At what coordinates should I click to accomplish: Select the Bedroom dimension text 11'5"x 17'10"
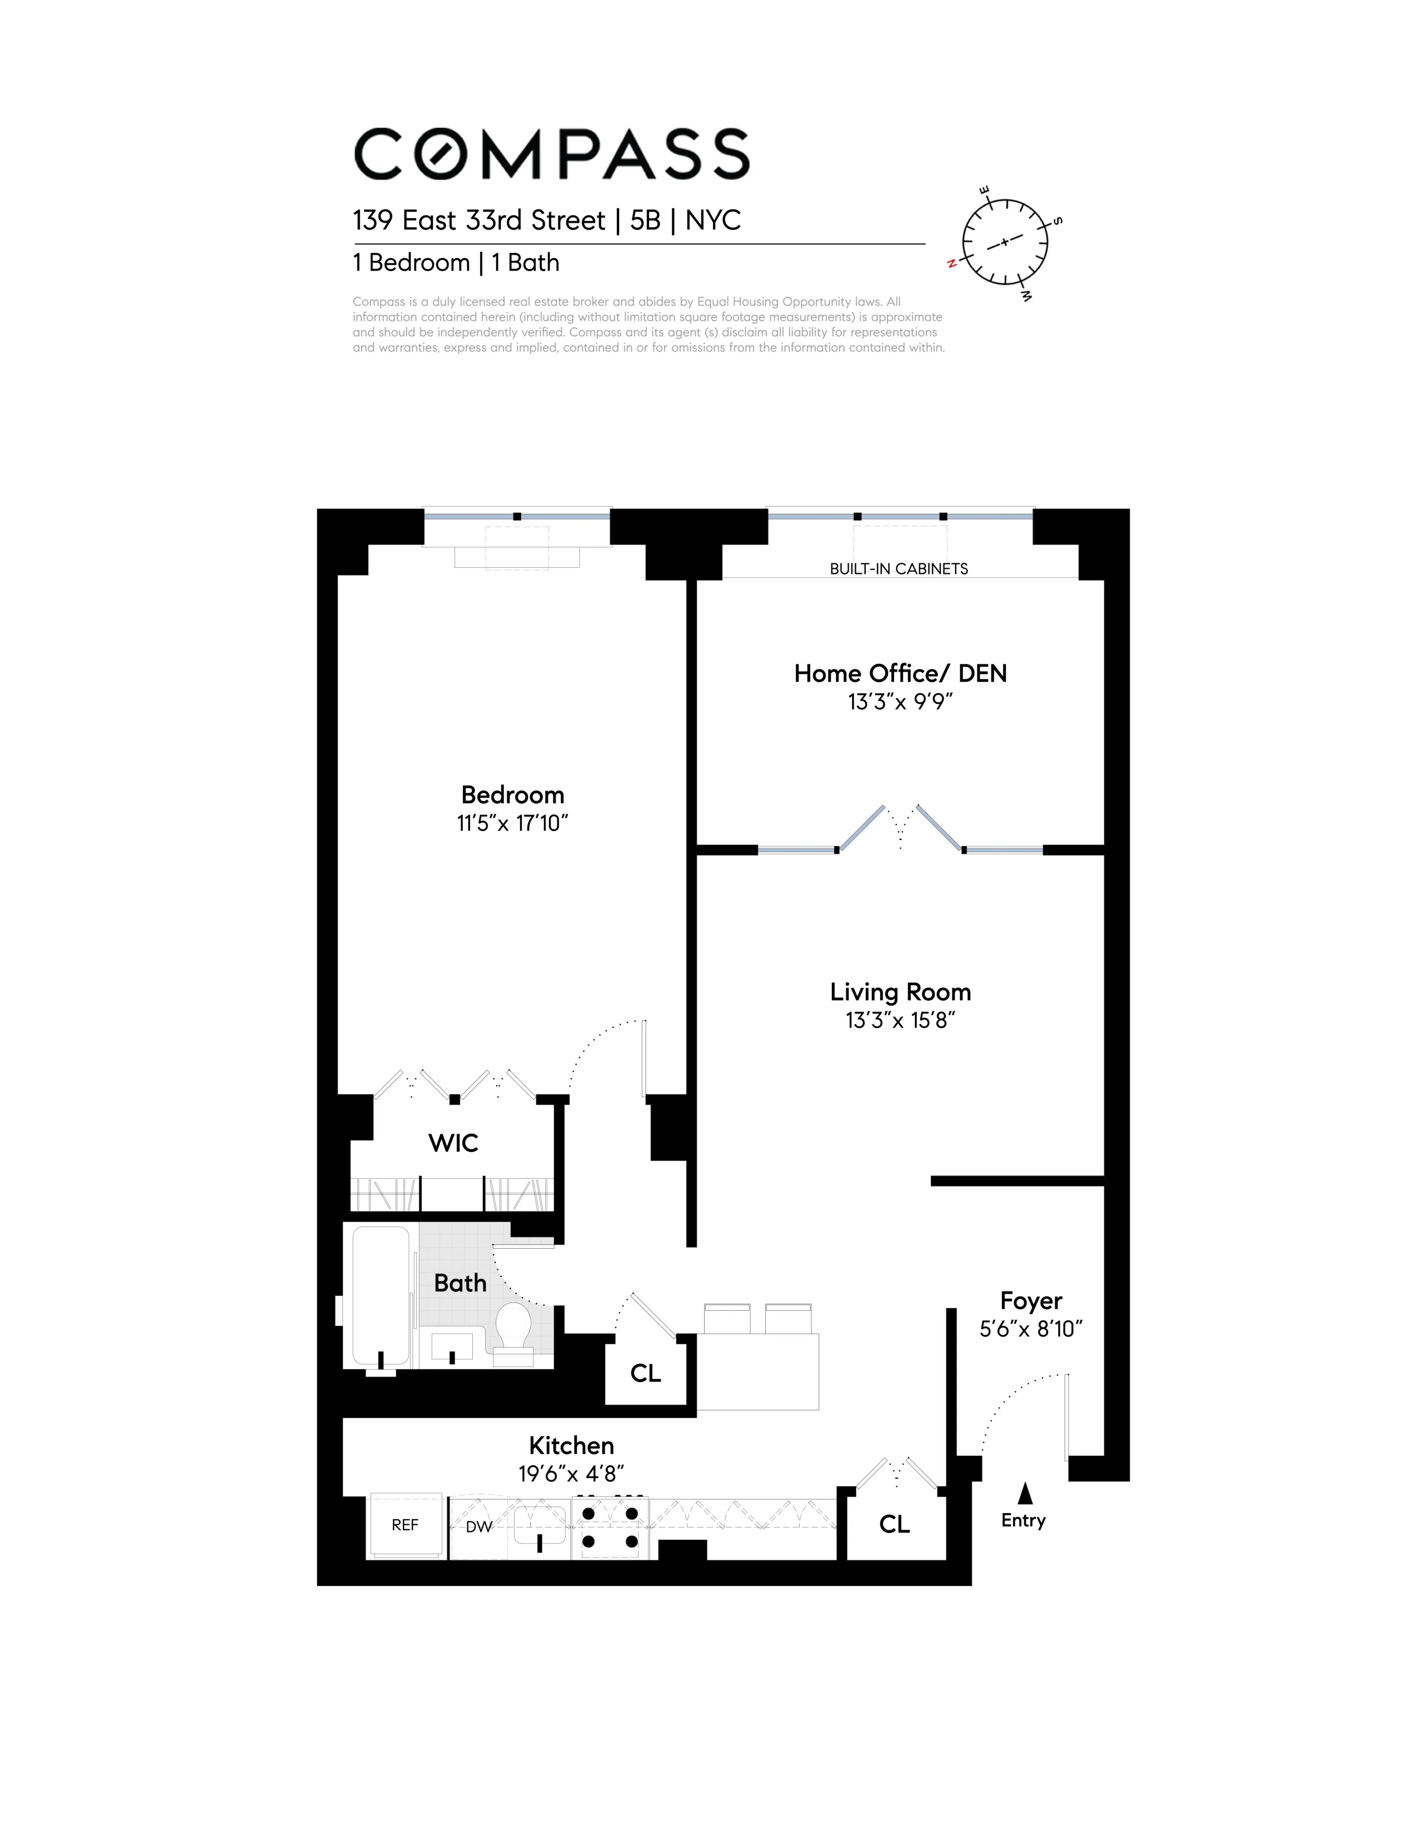tap(512, 823)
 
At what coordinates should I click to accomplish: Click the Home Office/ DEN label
tap(900, 674)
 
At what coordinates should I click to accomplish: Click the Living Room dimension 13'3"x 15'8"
tap(900, 1020)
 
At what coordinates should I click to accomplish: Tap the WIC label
tap(453, 1143)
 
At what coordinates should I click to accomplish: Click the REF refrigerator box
tap(406, 1525)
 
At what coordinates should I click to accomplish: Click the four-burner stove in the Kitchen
tap(610, 1527)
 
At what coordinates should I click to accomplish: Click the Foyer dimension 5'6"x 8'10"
tap(1031, 1329)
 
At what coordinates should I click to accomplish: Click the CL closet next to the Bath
tap(646, 1373)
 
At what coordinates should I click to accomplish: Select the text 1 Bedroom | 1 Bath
tap(456, 263)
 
